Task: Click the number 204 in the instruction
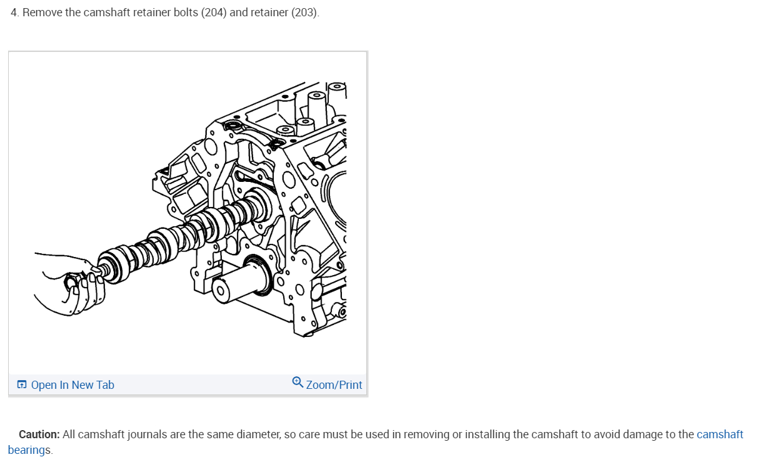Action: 214,13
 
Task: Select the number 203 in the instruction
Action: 304,13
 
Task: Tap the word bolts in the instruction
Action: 186,13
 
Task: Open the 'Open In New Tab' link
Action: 73,384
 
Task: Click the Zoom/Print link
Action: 334,384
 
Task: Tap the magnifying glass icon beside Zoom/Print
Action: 298,383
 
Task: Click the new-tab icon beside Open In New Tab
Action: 22,384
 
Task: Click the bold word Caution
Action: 39,434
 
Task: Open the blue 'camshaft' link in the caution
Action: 720,434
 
